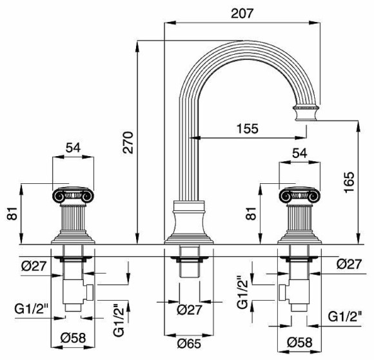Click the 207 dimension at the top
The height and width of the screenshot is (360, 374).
coord(243,12)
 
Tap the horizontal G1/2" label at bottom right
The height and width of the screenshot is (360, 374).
coord(346,317)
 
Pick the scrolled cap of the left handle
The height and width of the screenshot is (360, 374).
coord(73,194)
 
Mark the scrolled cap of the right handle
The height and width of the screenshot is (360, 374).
coord(299,194)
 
